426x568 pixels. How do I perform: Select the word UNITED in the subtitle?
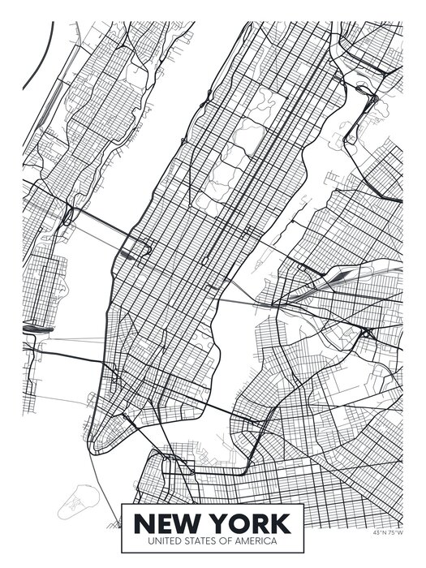166,540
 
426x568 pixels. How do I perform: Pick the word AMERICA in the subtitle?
256,540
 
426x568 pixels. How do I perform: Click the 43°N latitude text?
380,533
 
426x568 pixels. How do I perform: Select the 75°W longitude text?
394,533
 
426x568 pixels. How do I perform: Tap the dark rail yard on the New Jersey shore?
37,329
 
